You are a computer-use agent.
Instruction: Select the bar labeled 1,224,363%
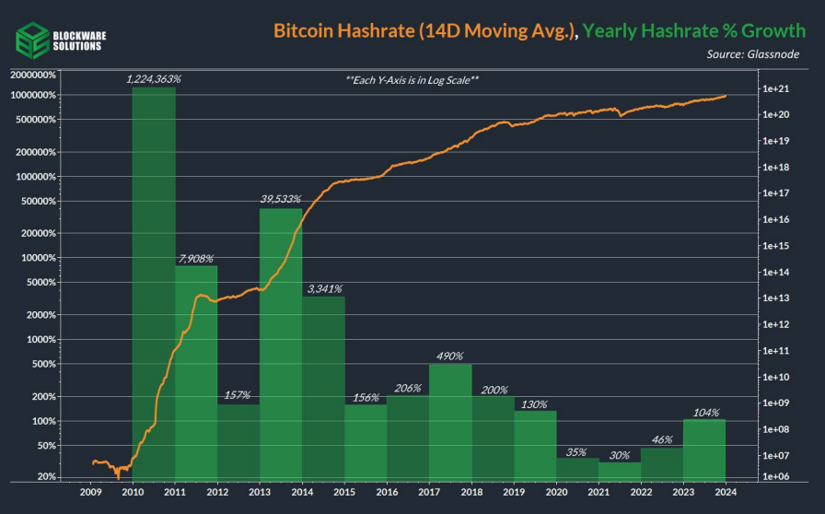pos(154,276)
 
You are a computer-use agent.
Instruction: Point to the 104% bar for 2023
pos(704,450)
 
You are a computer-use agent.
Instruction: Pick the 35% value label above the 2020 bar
pos(577,451)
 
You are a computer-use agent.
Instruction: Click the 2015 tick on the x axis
pos(344,494)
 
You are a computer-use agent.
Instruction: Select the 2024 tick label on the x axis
pos(725,494)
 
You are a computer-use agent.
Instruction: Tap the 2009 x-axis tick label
pos(91,494)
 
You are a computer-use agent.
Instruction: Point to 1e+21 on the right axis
pos(776,89)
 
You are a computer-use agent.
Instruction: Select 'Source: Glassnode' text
pos(753,54)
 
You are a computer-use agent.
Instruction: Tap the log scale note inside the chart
pos(412,80)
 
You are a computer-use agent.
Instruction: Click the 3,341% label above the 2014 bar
pos(323,289)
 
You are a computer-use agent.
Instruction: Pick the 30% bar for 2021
pos(620,470)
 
